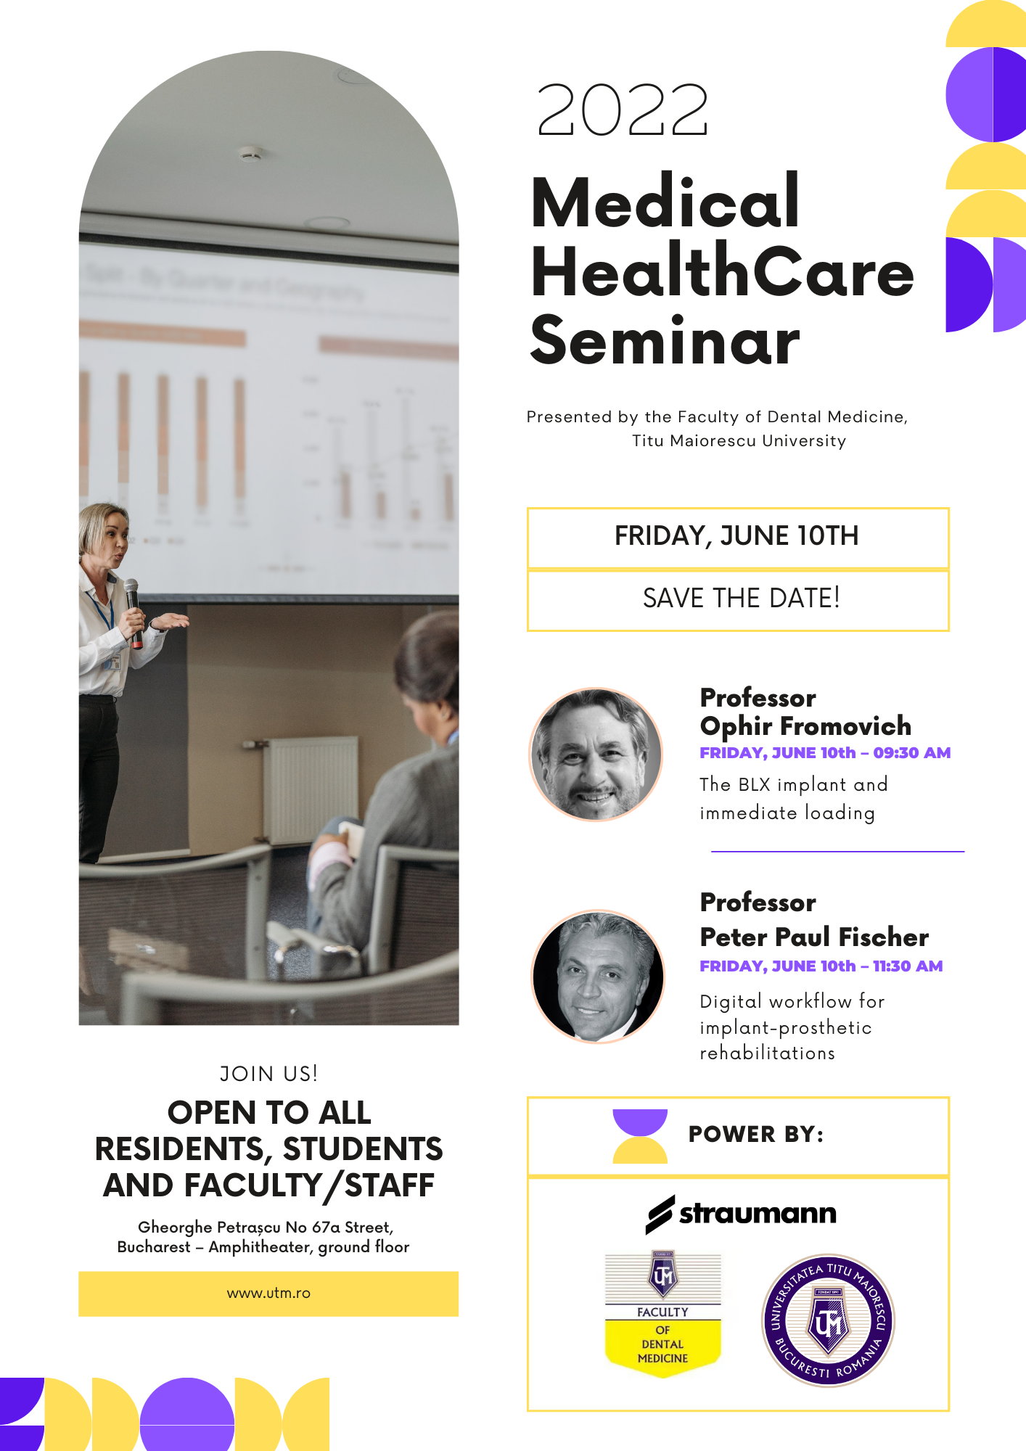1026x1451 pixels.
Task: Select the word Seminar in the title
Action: pos(665,340)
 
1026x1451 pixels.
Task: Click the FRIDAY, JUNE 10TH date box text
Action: pos(736,536)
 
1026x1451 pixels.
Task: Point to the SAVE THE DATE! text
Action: pos(741,599)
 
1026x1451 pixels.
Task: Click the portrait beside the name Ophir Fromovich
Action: pos(596,755)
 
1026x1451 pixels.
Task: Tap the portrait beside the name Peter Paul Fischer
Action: pos(598,977)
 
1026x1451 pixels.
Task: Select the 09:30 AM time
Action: pos(912,753)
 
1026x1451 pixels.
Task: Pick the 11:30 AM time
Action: pos(908,966)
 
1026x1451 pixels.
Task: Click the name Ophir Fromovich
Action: pos(805,725)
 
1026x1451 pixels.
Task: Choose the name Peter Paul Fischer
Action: pos(814,937)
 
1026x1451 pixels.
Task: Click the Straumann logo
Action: pos(741,1214)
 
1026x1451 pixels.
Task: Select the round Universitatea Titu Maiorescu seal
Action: pos(828,1320)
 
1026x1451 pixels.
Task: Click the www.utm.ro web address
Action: pos(268,1293)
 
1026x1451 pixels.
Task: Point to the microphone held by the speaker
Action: pos(134,612)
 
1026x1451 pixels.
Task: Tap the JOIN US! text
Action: pos(268,1074)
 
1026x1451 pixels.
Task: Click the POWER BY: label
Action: pos(756,1134)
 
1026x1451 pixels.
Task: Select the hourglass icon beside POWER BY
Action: pos(640,1136)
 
